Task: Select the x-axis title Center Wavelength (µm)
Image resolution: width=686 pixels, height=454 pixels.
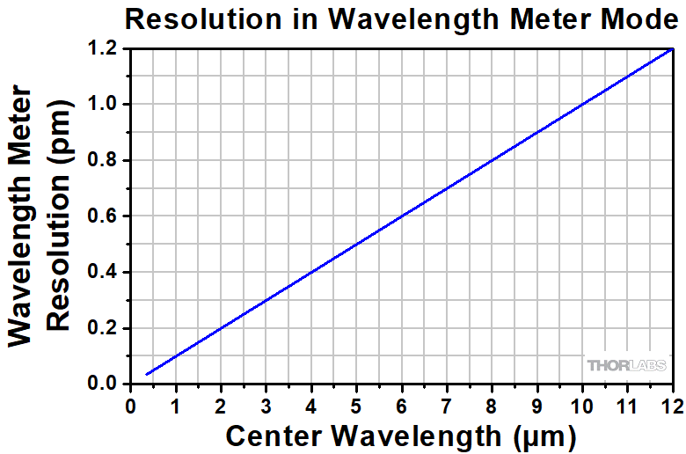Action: (x=401, y=435)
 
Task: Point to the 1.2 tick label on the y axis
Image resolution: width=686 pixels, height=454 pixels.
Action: (x=104, y=49)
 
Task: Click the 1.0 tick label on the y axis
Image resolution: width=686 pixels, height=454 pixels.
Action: (x=104, y=105)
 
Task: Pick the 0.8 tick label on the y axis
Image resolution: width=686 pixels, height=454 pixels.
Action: (x=104, y=161)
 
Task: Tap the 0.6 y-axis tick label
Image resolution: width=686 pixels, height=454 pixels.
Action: (x=104, y=216)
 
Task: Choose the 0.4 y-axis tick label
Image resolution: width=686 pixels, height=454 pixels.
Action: (x=104, y=273)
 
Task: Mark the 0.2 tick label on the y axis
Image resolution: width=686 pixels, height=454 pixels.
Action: (x=104, y=328)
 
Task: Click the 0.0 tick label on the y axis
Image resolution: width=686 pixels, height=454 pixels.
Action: (x=104, y=384)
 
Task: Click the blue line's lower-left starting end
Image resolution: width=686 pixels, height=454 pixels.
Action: (x=147, y=375)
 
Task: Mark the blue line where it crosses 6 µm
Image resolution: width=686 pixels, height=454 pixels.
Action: (x=402, y=216)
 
